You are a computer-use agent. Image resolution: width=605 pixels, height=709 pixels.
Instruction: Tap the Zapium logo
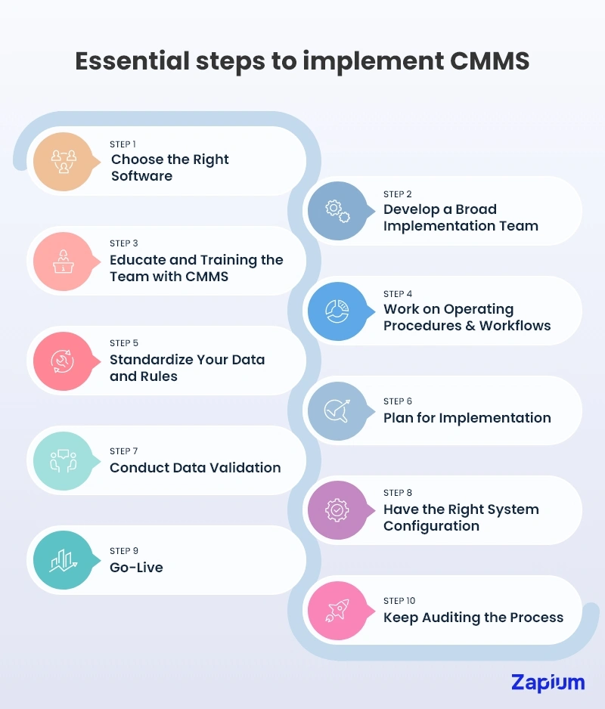click(x=548, y=682)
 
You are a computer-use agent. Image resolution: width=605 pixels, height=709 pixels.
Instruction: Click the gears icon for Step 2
click(x=337, y=211)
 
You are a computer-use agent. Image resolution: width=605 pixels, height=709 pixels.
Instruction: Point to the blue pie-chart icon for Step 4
click(x=337, y=311)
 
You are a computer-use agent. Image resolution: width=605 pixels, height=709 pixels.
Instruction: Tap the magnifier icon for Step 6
click(x=337, y=410)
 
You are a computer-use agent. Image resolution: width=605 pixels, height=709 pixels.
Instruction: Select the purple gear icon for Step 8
click(x=337, y=510)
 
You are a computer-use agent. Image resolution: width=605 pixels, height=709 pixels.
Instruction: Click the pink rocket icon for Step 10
click(x=337, y=610)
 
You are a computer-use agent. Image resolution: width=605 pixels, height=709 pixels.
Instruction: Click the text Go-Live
click(x=136, y=567)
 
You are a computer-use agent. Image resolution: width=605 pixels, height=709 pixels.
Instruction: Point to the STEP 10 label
click(x=399, y=601)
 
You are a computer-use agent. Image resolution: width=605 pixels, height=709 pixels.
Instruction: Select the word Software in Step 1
click(x=141, y=176)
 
